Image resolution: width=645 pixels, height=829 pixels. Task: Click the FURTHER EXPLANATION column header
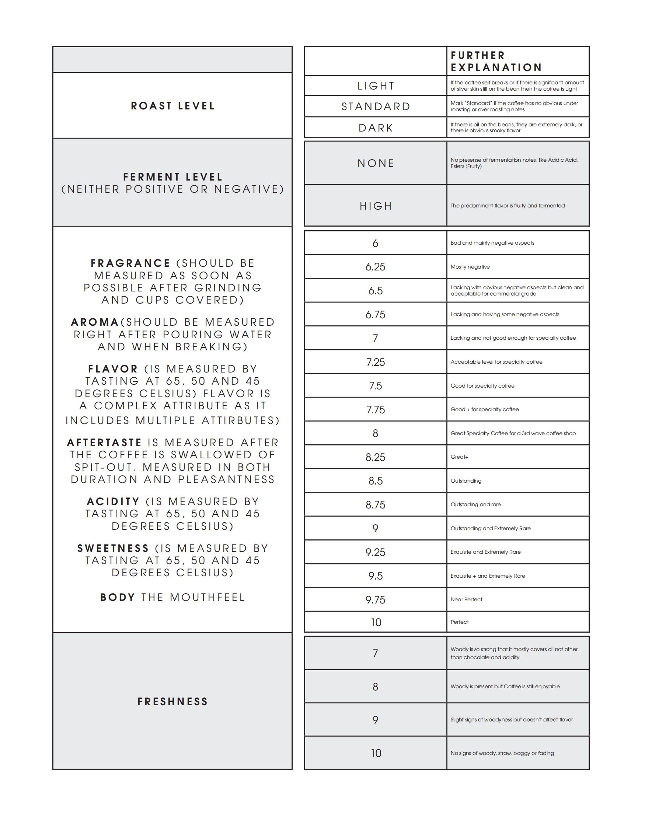tap(496, 62)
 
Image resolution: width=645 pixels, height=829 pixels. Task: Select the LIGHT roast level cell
tap(376, 86)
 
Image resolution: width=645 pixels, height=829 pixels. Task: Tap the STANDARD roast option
tap(376, 106)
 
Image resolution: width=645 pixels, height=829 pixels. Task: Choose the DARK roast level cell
tap(376, 128)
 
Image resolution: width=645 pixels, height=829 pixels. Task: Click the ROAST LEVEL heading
tap(173, 106)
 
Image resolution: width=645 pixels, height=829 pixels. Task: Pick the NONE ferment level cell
tap(376, 163)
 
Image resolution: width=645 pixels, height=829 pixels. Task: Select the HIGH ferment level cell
tap(376, 206)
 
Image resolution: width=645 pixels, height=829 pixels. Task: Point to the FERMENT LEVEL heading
tap(173, 177)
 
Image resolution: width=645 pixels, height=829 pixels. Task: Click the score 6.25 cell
tap(375, 267)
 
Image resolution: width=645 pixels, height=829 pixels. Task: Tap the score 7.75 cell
tap(375, 410)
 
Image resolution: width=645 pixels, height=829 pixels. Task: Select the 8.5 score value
tap(375, 481)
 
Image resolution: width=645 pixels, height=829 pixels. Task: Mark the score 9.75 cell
tap(375, 600)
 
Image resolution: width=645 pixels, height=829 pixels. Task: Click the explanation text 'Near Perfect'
tap(466, 599)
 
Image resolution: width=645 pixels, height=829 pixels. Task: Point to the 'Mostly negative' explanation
tap(470, 267)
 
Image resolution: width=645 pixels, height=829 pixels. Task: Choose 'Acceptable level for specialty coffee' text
tap(496, 362)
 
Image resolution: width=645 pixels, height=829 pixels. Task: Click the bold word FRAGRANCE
tap(130, 263)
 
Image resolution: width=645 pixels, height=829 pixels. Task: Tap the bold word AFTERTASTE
tap(104, 443)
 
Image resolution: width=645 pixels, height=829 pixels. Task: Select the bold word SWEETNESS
tap(113, 549)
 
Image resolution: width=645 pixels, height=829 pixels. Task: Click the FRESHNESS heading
tap(173, 702)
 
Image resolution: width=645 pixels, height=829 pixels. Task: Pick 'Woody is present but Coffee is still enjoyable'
tap(505, 686)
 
